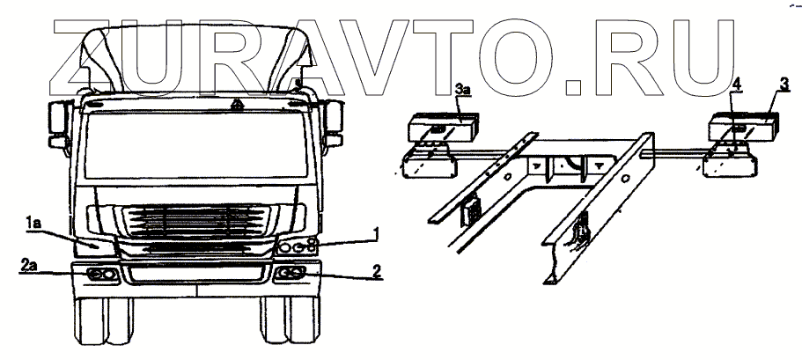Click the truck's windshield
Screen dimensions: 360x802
197,140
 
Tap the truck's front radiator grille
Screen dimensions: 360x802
198,223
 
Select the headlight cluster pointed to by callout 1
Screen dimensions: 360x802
299,247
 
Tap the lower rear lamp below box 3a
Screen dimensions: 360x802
429,163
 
